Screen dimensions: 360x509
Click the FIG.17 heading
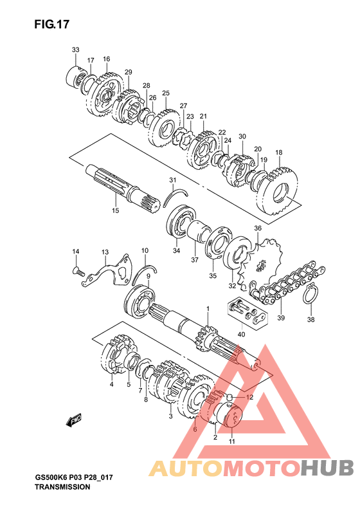(x=52, y=24)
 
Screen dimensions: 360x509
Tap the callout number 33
(x=76, y=50)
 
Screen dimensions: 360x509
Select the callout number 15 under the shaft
(x=116, y=210)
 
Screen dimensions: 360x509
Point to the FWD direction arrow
(x=74, y=420)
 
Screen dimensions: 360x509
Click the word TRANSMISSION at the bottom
(x=62, y=487)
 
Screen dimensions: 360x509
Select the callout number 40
(x=241, y=335)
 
